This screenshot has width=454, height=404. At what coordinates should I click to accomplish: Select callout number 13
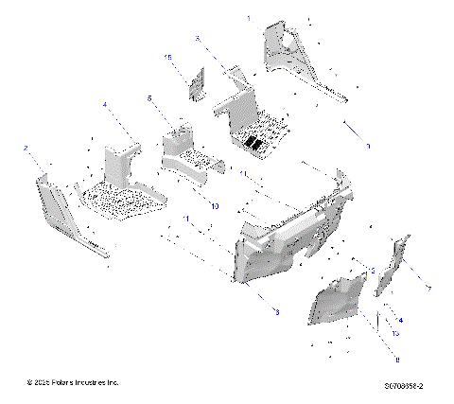click(394, 333)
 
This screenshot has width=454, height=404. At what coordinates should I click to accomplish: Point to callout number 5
click(149, 97)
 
